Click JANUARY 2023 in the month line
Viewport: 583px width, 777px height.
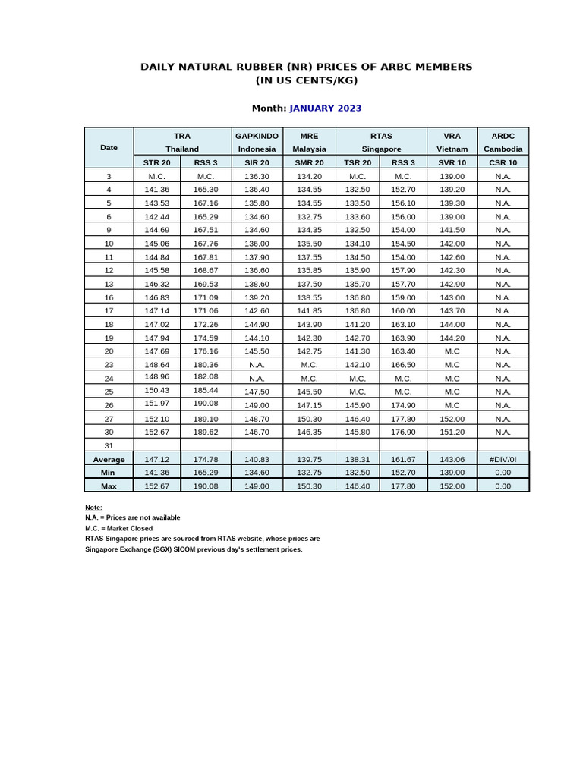tap(325, 108)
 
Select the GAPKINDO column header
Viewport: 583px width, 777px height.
tap(257, 136)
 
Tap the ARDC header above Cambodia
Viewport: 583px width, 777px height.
tap(503, 136)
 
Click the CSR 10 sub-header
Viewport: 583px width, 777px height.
tap(503, 162)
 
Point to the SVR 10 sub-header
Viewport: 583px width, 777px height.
tap(452, 162)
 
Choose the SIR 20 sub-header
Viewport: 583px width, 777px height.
tap(257, 162)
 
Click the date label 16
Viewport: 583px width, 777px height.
tap(109, 297)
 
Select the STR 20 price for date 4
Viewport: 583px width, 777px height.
tap(157, 189)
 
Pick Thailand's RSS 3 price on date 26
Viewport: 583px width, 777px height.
tap(206, 403)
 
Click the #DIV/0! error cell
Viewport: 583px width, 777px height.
tap(503, 459)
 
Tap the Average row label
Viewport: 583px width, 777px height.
tap(109, 459)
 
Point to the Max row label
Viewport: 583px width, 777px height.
tap(109, 486)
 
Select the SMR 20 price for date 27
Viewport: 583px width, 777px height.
tap(309, 418)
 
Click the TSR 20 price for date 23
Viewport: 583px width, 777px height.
tap(357, 364)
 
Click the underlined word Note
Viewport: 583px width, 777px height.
tap(93, 507)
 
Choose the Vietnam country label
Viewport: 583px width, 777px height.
tap(452, 149)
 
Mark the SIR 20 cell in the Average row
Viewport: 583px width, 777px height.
tap(257, 459)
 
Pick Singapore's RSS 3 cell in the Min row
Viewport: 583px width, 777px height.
tap(403, 472)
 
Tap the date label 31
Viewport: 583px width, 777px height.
tap(109, 445)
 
